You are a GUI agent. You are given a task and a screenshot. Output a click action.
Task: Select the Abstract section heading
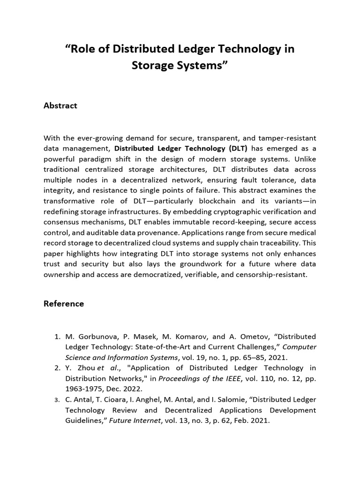click(x=60, y=105)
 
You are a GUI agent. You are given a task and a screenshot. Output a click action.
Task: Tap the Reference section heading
click(x=64, y=303)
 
